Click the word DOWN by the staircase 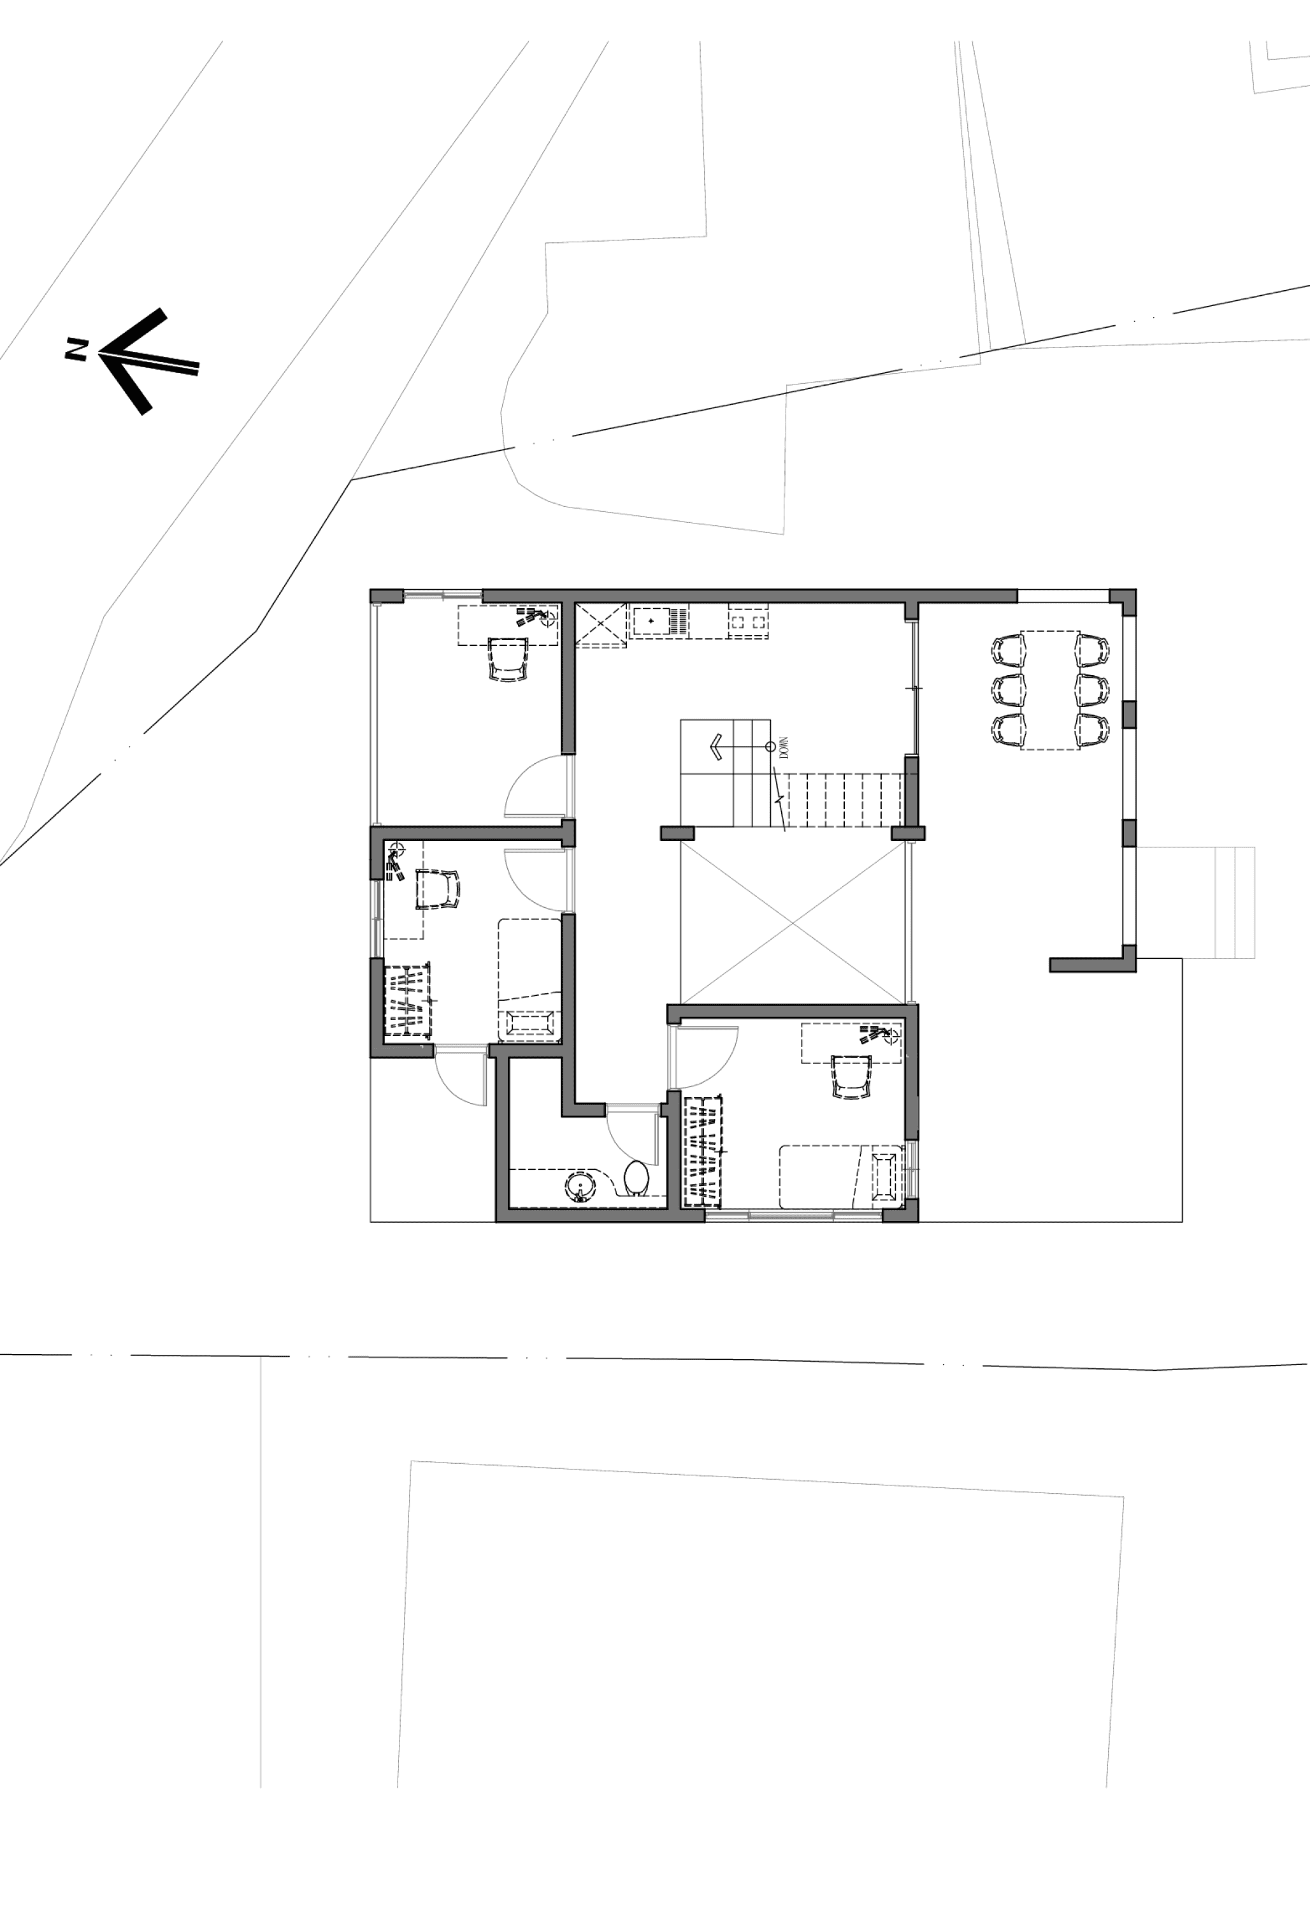tap(784, 747)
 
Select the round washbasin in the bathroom tap(581, 1186)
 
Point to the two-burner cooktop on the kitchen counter tap(749, 622)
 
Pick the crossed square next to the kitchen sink tap(600, 625)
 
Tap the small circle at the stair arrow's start tap(770, 747)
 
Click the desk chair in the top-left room tap(508, 659)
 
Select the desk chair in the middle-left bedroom tap(438, 889)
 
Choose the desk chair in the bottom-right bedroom tap(851, 1076)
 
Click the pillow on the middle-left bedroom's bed tap(529, 1024)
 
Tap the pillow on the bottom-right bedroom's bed tap(885, 1177)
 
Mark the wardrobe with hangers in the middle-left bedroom tap(408, 1001)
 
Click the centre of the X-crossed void tap(793, 923)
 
